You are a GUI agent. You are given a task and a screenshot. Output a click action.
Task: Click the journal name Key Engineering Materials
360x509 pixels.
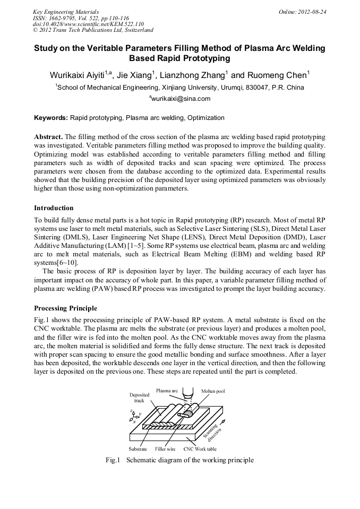66,11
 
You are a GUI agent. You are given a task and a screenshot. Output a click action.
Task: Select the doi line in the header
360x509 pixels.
88,24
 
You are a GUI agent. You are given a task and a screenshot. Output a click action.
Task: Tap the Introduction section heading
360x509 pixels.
54,208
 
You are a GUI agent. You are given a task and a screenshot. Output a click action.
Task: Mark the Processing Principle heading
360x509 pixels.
65,308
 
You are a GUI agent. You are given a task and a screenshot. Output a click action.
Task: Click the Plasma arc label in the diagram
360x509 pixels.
166,391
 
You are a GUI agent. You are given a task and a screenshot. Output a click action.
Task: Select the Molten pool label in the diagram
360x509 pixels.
213,391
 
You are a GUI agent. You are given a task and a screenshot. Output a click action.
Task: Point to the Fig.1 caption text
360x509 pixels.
179,460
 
